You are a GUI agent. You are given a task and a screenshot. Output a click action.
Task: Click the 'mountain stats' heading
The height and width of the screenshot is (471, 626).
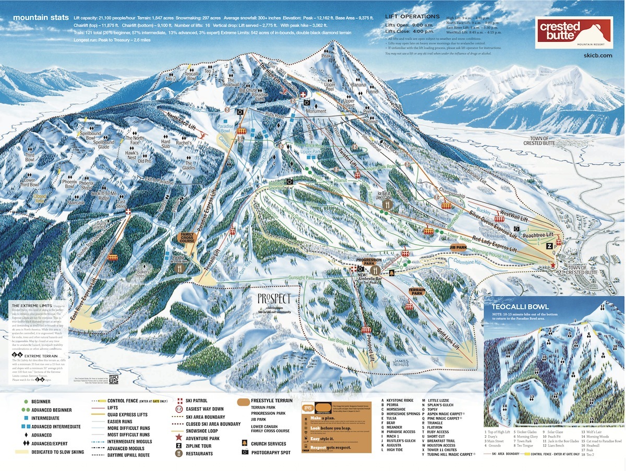[x=41, y=17]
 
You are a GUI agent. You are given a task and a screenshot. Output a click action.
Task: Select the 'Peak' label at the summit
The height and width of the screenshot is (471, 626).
[x=327, y=55]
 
